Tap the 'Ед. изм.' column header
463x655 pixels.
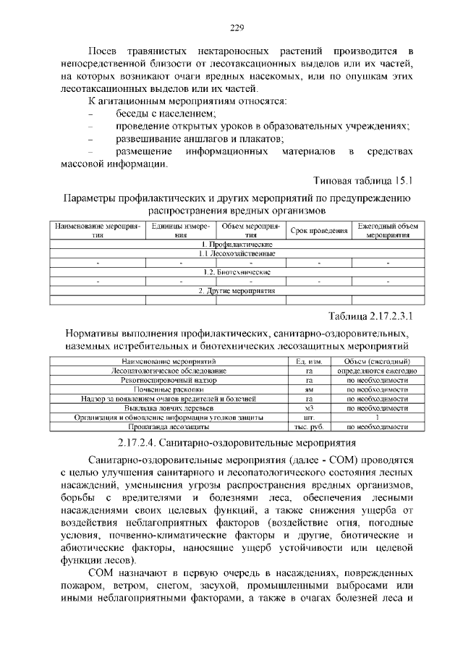[309, 361]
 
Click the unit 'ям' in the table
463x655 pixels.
[309, 389]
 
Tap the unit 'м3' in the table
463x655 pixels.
[309, 408]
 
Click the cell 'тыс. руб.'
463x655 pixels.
[309, 427]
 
